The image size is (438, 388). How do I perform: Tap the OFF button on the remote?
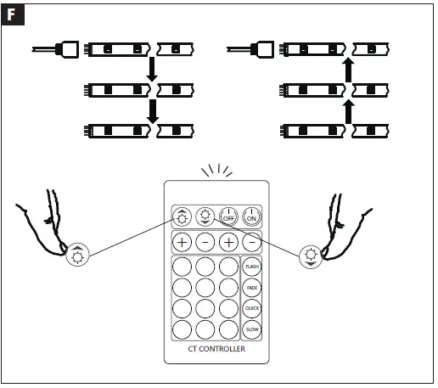[x=227, y=215]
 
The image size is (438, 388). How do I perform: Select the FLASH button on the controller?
[x=251, y=267]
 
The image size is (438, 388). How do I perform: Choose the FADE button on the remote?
[x=251, y=287]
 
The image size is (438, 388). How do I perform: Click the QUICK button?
[x=251, y=307]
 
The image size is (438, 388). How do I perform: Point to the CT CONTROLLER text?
[x=217, y=349]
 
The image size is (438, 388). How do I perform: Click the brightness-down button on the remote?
[x=205, y=215]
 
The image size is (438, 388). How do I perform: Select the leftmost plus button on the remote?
[x=182, y=241]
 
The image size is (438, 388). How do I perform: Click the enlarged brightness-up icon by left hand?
[x=77, y=255]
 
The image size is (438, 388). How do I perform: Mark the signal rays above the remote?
[x=216, y=170]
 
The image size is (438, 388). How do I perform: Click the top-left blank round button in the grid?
[x=182, y=267]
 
